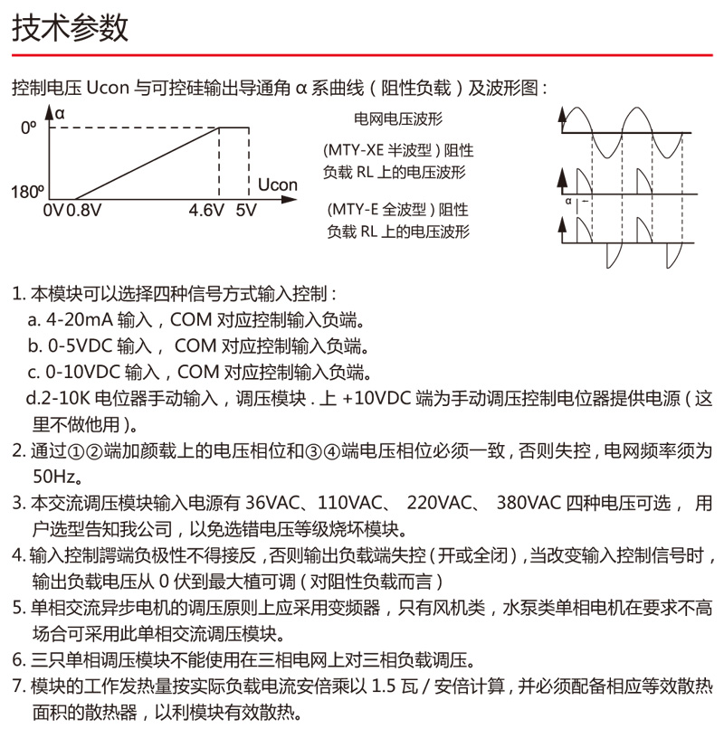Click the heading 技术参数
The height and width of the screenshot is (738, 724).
[x=71, y=29]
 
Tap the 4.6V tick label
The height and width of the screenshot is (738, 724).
[x=205, y=211]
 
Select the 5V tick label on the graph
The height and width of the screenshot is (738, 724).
[x=245, y=211]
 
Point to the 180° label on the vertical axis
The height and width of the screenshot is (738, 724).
[x=26, y=193]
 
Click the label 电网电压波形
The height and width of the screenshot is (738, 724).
[x=398, y=118]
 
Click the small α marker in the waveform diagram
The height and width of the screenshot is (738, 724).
[x=568, y=202]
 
